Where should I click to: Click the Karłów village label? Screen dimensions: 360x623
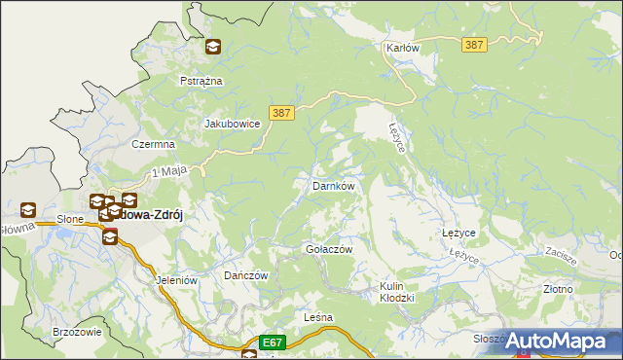coord(402,48)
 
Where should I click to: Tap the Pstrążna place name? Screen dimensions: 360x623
coord(202,81)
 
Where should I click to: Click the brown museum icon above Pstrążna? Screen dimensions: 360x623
coord(213,46)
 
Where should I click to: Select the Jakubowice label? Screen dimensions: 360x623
coord(231,125)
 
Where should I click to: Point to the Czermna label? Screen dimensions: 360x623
coord(153,144)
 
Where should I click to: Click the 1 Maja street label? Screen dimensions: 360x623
coord(168,173)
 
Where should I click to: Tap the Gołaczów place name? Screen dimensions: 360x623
coord(328,249)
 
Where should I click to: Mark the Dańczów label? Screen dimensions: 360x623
coord(245,275)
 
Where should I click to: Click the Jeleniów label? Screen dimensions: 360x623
coord(176,280)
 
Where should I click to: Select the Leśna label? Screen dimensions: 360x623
coord(318,317)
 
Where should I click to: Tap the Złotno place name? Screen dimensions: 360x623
coord(558,289)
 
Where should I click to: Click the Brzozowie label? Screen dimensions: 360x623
coord(78,332)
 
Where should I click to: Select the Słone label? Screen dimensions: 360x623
coord(69,220)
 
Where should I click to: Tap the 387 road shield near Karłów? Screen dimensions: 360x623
coord(475,46)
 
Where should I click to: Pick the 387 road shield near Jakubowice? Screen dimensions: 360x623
coord(279,113)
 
